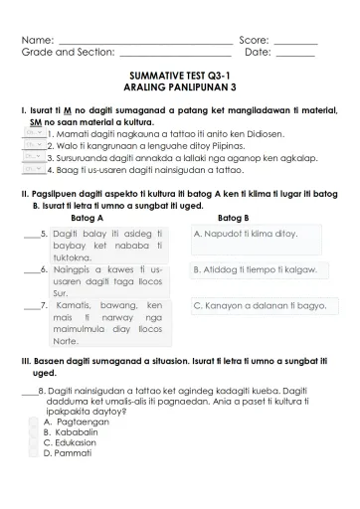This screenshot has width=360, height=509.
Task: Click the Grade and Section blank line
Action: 174,56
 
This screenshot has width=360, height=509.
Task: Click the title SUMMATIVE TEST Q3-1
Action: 180,76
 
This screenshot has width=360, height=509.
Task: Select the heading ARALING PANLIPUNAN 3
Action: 180,87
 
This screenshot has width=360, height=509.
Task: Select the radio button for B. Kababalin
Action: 34,432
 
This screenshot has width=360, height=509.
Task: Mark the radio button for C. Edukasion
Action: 34,442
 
